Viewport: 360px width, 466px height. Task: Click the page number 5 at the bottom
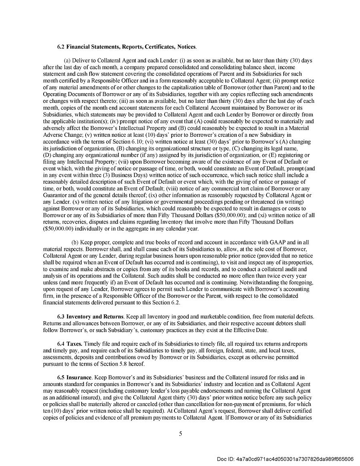coord(180,433)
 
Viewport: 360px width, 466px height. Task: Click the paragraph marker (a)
coord(68,60)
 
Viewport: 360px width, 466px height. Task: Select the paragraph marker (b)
coord(75,242)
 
